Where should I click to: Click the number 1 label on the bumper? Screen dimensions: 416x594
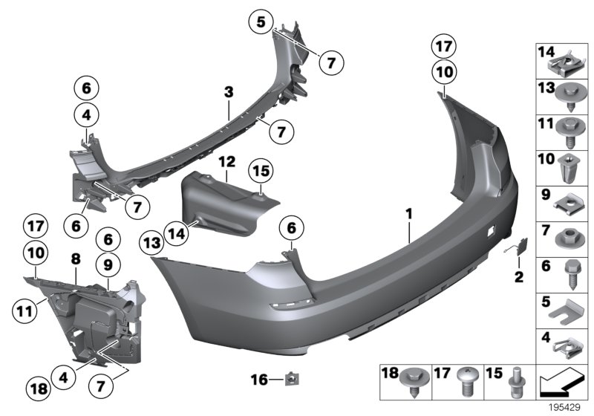click(408, 213)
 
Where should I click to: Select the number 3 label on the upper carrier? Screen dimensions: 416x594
click(229, 91)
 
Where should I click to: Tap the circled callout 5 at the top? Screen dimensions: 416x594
click(261, 22)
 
